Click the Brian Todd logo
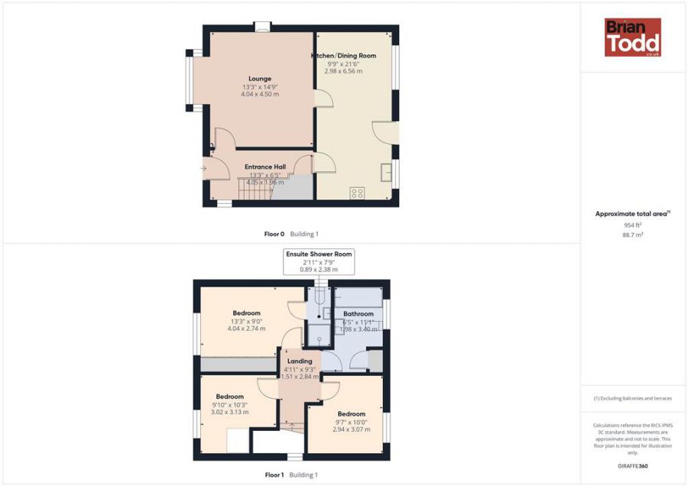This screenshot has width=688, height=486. (632, 37)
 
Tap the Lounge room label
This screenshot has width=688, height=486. (260, 78)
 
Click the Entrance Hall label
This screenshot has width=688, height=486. (264, 167)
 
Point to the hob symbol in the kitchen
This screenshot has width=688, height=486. (357, 193)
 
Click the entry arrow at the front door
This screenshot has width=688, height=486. (203, 169)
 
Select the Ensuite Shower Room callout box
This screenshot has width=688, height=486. (320, 261)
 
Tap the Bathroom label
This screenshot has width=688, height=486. (358, 314)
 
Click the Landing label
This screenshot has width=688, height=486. (299, 361)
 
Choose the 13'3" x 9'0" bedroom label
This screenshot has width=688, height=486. (247, 313)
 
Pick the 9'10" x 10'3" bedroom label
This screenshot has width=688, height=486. (229, 397)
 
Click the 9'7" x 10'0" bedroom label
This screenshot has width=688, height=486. (351, 413)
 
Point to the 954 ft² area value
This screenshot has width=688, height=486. (632, 225)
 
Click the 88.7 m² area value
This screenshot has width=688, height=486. (632, 235)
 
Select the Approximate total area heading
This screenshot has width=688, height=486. (632, 214)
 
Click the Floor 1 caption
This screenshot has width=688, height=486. (274, 475)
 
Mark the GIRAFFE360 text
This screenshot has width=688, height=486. (632, 465)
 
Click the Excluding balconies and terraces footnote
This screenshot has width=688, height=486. (632, 399)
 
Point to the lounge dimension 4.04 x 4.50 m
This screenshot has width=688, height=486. (260, 94)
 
